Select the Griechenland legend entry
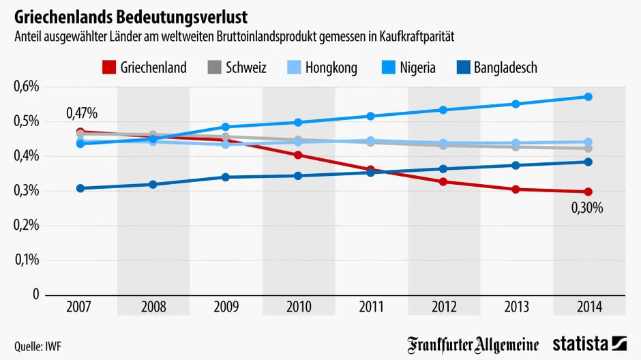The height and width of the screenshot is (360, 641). coord(144,67)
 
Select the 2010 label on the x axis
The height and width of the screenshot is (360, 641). coord(298,307)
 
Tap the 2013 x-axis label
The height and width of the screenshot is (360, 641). coord(516,307)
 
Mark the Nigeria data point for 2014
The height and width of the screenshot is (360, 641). coord(588,97)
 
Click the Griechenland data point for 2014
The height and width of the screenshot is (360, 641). coord(588,192)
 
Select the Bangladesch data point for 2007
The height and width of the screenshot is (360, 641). coord(80,188)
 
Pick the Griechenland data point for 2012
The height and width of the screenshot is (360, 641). coord(443,182)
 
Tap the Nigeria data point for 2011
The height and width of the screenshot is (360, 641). coord(370,116)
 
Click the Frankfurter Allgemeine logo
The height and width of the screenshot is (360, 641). coord(473,344)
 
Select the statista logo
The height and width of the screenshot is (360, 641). coord(589,344)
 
